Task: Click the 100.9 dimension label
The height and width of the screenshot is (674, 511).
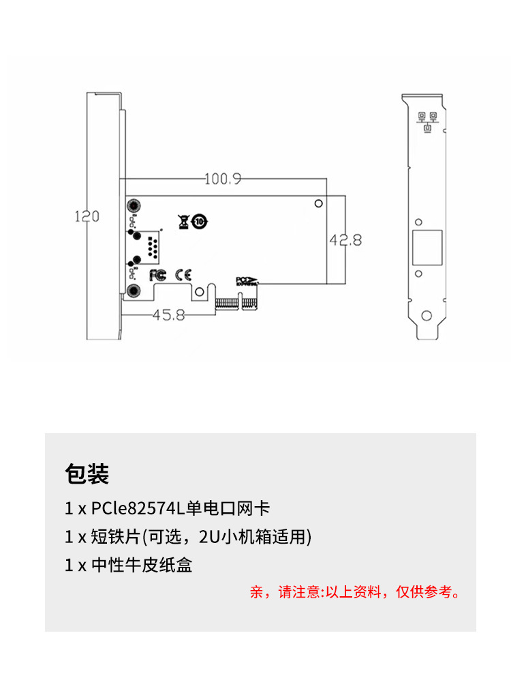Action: click(223, 179)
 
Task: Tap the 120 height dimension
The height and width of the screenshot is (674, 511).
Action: click(87, 216)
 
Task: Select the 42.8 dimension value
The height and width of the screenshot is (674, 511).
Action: click(345, 239)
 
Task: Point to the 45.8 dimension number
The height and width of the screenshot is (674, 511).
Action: click(168, 314)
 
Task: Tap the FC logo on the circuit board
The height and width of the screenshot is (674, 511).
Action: click(157, 274)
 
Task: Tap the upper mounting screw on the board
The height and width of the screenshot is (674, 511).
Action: click(132, 206)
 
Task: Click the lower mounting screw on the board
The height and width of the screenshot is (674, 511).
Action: click(132, 293)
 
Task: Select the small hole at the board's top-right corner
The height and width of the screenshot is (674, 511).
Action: click(318, 203)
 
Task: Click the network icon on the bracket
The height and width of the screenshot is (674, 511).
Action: click(428, 120)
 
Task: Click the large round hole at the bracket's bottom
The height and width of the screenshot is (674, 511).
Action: click(427, 315)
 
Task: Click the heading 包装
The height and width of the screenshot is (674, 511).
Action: click(87, 473)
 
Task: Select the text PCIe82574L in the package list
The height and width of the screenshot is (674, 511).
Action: click(133, 508)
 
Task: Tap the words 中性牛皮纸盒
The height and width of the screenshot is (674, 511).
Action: click(141, 566)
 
